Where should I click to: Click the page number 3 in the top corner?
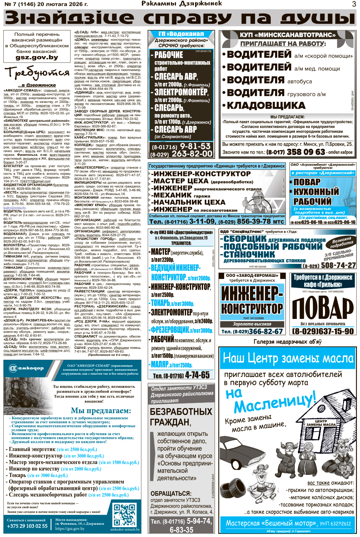click(354, 4)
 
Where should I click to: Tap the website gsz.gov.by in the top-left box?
click(37, 57)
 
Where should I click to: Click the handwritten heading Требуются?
click(37, 73)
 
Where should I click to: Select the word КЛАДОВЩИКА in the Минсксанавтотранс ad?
click(266, 106)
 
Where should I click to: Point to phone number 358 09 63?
click(306, 152)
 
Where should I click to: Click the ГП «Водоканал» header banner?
click(181, 34)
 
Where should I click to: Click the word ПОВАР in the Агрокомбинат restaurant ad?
click(307, 182)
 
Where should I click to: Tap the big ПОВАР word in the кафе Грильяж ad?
click(322, 308)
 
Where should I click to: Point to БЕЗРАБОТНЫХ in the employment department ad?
click(181, 412)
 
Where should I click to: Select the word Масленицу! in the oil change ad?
click(275, 403)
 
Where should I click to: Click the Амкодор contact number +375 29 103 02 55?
click(27, 526)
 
